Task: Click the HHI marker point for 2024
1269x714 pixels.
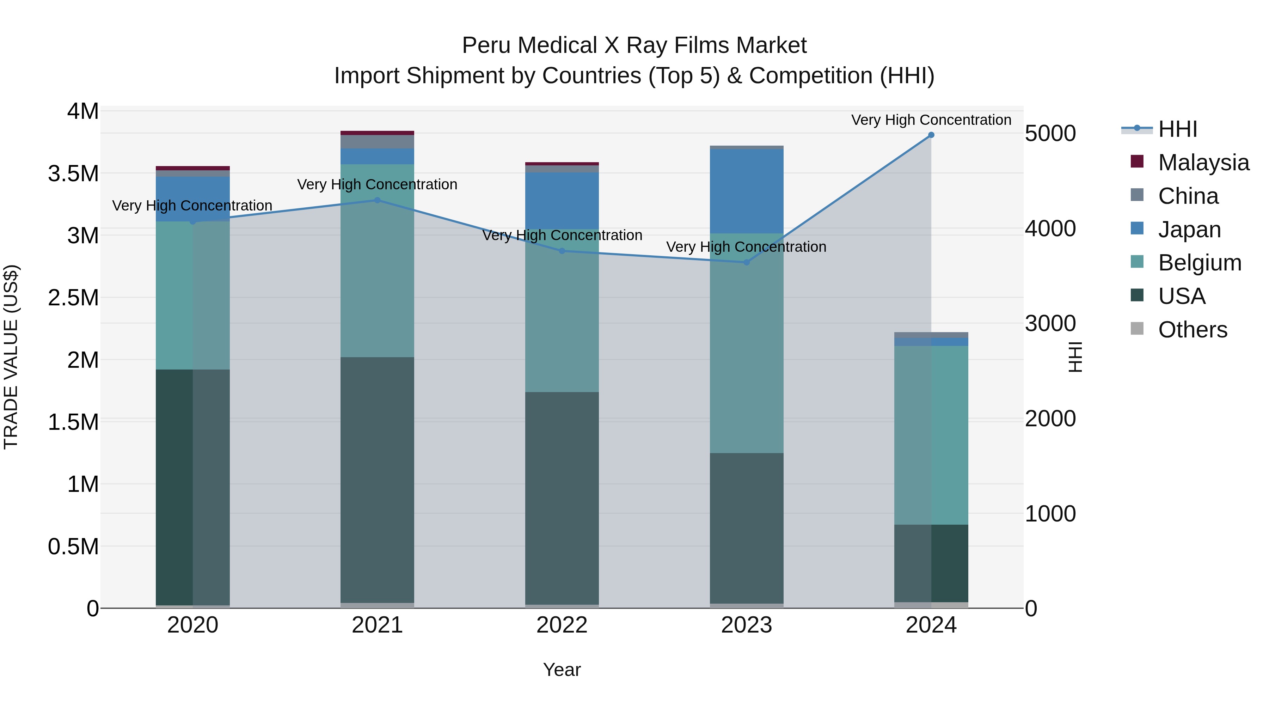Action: coord(931,135)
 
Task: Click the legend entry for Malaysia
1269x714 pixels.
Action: coord(1203,163)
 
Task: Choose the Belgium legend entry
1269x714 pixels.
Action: coord(1200,263)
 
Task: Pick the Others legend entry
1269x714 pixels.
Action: coord(1192,330)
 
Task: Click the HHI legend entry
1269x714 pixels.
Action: coord(1177,129)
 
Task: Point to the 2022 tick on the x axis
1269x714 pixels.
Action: coord(562,625)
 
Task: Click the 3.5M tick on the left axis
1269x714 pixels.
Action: coord(73,174)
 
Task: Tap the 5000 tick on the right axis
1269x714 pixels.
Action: coord(1050,134)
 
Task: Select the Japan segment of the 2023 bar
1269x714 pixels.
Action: coord(746,191)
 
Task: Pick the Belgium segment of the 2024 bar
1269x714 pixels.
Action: coord(931,435)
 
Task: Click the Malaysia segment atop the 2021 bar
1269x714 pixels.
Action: coord(377,133)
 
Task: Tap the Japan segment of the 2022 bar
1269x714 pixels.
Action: coord(562,201)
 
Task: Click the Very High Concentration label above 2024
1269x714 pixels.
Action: coord(931,120)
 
